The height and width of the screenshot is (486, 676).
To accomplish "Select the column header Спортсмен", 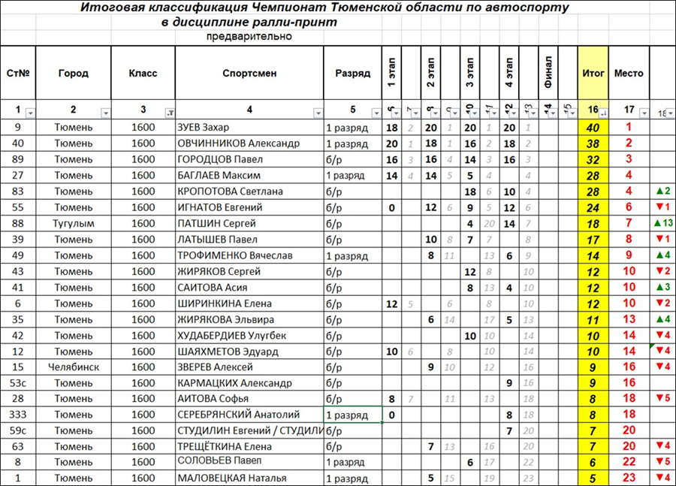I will pyautogui.click(x=249, y=74).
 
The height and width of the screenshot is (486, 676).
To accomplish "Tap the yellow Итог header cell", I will pyautogui.click(x=593, y=74).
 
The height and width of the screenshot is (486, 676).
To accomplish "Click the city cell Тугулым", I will pyautogui.click(x=74, y=223).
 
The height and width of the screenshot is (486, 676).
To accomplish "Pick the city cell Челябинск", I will pyautogui.click(x=74, y=367).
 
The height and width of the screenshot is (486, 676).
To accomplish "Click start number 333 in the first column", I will pyautogui.click(x=18, y=415).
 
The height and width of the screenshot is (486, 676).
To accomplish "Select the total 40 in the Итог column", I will pyautogui.click(x=593, y=128).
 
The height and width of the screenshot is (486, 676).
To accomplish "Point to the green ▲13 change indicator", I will pyautogui.click(x=662, y=223).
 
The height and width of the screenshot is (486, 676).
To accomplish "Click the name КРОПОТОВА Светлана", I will pyautogui.click(x=230, y=191).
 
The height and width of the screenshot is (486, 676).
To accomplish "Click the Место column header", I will pyautogui.click(x=629, y=74).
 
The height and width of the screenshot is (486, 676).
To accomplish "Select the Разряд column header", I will pyautogui.click(x=353, y=74).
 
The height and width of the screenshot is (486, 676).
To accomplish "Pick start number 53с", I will pyautogui.click(x=18, y=383).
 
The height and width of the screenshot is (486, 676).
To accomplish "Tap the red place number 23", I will pyautogui.click(x=629, y=478).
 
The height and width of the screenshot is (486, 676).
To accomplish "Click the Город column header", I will pyautogui.click(x=74, y=74).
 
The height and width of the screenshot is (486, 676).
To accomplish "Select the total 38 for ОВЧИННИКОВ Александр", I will pyautogui.click(x=593, y=143).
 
